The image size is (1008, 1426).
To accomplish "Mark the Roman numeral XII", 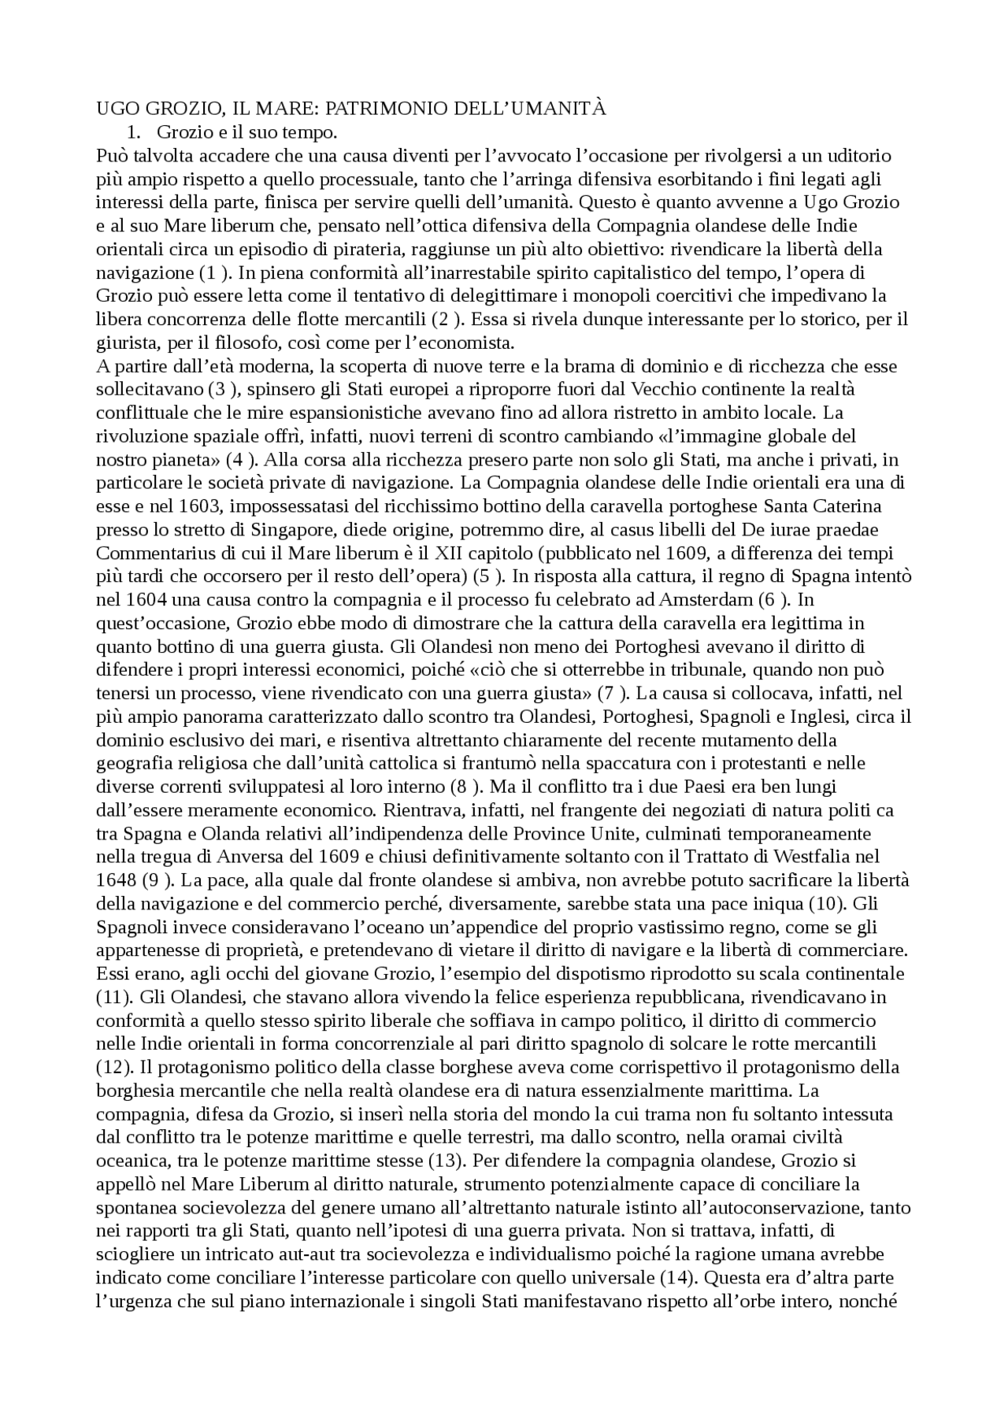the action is (x=466, y=553).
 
